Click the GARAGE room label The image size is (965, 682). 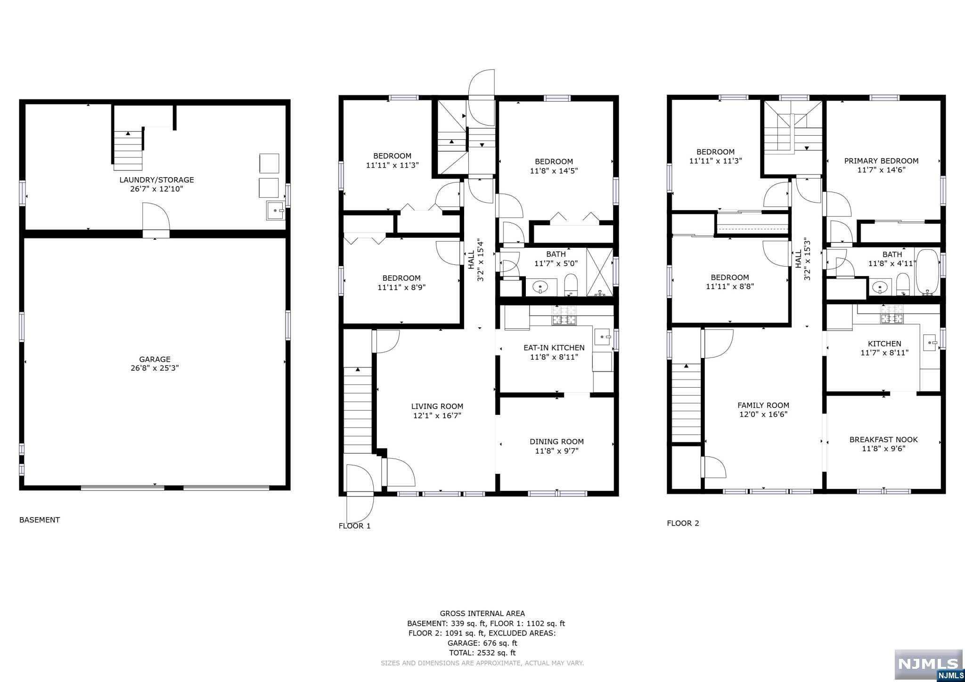[155, 359]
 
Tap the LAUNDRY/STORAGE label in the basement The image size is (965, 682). [156, 179]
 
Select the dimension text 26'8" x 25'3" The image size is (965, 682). [155, 368]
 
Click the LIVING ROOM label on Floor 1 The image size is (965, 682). [437, 406]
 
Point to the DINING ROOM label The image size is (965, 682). [556, 441]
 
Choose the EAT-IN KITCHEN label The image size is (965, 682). [554, 348]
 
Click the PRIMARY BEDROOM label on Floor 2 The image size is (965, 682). [881, 161]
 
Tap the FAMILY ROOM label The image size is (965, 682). [763, 405]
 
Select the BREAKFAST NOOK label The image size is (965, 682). [883, 439]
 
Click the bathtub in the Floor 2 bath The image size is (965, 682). [927, 272]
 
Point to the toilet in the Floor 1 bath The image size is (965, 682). [571, 284]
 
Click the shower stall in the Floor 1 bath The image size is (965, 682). [600, 272]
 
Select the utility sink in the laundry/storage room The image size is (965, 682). [275, 211]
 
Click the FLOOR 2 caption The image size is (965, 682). [683, 523]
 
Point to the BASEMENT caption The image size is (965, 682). [40, 520]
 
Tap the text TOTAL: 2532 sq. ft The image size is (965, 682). [482, 653]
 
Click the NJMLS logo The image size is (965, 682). [929, 665]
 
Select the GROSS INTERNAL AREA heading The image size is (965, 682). [482, 613]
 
